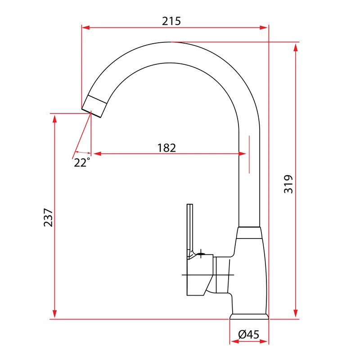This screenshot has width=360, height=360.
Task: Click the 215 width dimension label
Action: tap(171, 21)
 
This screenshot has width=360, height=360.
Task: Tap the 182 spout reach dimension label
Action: tap(166, 148)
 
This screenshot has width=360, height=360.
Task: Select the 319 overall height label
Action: tap(288, 184)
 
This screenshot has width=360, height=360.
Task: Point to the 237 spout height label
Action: tap(48, 217)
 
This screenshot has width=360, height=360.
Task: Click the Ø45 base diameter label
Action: tap(249, 334)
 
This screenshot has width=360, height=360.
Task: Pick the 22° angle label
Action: tap(82, 162)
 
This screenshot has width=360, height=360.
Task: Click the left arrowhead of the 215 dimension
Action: tap(85, 27)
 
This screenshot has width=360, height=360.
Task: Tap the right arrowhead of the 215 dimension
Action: tap(264, 27)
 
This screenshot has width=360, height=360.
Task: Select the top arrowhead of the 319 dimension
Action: tap(296, 47)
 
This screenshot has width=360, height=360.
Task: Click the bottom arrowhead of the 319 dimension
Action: tap(296, 313)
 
